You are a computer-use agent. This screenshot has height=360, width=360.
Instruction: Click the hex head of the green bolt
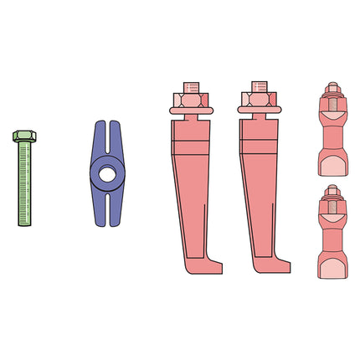click(x=23, y=135)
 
